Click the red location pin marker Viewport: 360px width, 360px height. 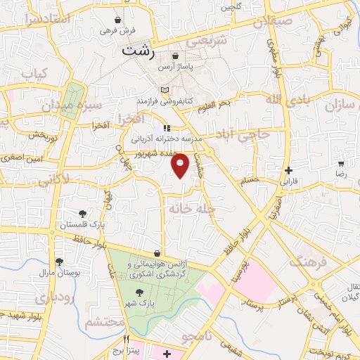(x=181, y=165)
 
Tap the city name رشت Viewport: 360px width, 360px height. (x=137, y=51)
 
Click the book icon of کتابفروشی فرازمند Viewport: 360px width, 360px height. (x=165, y=90)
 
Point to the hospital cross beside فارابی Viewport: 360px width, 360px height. (x=289, y=170)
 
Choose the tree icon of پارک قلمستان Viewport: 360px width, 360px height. (x=82, y=214)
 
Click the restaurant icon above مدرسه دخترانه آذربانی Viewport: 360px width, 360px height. (x=166, y=128)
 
